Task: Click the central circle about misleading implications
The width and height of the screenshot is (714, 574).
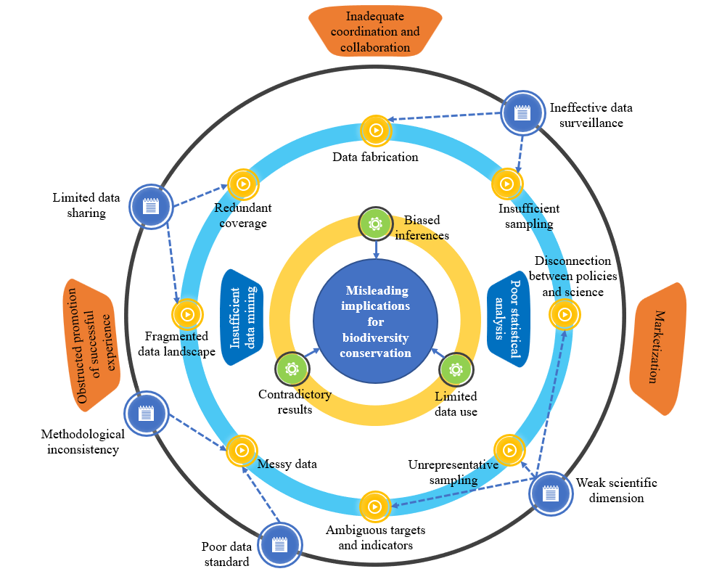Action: (375, 321)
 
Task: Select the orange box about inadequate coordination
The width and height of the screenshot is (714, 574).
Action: (374, 31)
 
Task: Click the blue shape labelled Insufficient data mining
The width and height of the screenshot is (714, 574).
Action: (242, 316)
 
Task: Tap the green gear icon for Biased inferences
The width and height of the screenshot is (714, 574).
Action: (375, 224)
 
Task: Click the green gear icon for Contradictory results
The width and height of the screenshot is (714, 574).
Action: (292, 369)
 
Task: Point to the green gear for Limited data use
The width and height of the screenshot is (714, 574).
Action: (456, 369)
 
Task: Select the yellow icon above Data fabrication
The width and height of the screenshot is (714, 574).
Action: (376, 131)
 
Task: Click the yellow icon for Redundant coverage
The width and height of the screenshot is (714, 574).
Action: (243, 184)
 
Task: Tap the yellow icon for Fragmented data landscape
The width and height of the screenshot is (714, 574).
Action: (187, 314)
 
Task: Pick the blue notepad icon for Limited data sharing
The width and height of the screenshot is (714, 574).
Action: (150, 207)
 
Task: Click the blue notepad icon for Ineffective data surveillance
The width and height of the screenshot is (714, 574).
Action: (520, 112)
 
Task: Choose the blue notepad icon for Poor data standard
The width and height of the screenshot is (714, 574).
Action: (279, 544)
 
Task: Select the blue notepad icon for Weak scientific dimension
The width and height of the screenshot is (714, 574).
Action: (551, 493)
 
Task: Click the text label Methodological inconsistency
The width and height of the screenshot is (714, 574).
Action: (82, 441)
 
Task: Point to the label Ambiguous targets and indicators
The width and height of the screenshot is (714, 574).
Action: (375, 537)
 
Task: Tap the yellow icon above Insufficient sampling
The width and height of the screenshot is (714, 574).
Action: (507, 184)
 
